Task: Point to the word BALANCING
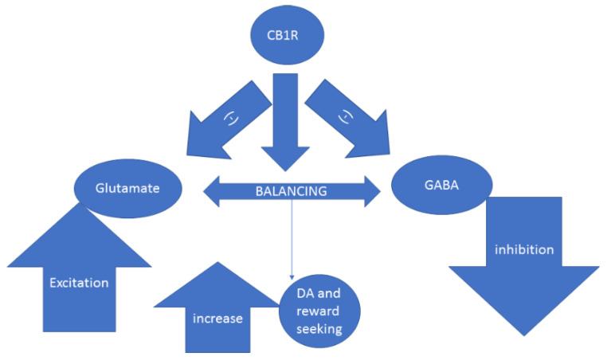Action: click(x=291, y=191)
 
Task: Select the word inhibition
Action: click(x=523, y=249)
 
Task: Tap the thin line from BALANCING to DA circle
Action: click(x=292, y=239)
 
